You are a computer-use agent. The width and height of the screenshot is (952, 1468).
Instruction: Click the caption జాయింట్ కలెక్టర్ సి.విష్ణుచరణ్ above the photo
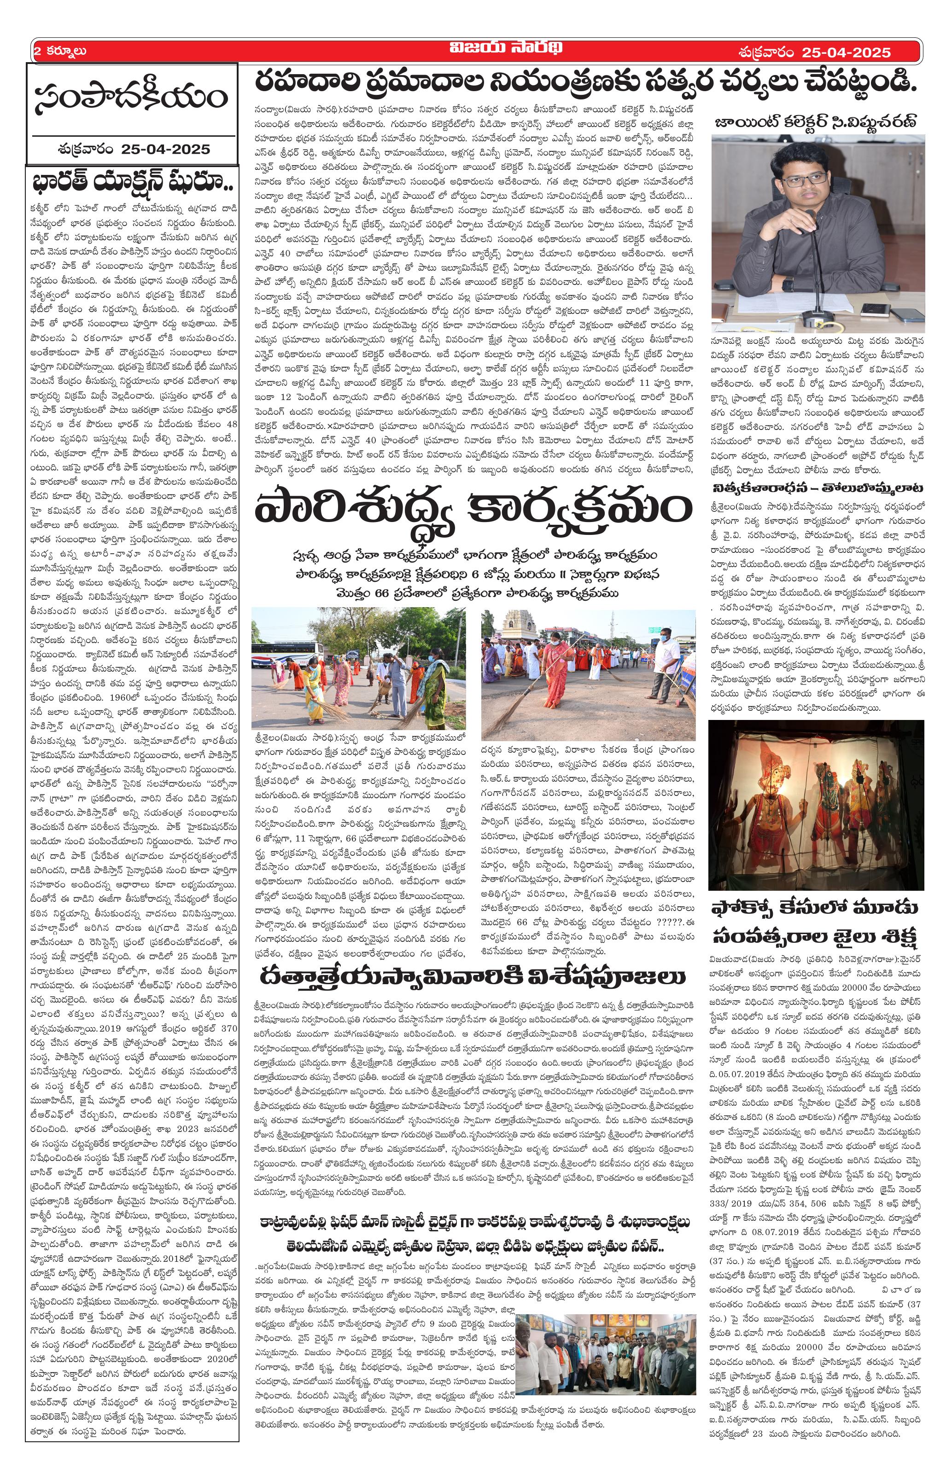pyautogui.click(x=816, y=119)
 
